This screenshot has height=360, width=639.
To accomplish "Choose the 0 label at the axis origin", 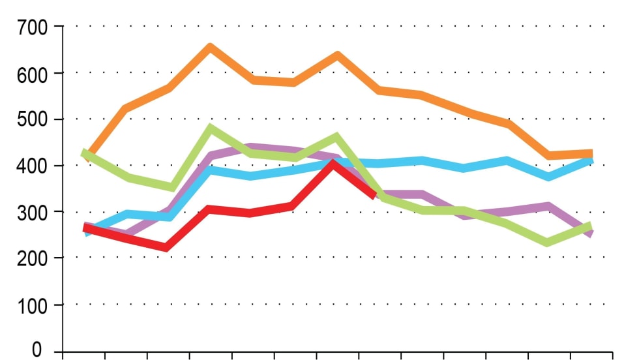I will [37, 350].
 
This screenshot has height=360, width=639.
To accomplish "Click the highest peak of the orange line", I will [210, 47].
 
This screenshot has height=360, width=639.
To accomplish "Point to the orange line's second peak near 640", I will [337, 55].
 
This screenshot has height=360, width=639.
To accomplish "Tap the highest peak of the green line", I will [210, 128].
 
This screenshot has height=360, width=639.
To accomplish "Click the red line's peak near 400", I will [334, 163].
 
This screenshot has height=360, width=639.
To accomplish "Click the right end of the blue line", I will [590, 159].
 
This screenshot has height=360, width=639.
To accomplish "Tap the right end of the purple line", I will [591, 233].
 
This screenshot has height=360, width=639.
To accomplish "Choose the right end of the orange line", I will [591, 154].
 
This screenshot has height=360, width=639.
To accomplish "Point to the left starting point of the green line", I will [84, 153].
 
